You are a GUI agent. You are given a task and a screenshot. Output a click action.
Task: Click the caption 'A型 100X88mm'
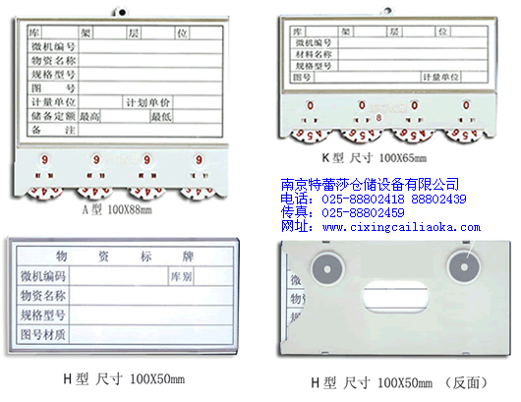(118, 209)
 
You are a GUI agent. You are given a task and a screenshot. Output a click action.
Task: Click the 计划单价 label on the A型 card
(147, 102)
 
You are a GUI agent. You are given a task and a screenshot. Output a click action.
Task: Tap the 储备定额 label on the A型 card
(51, 115)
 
